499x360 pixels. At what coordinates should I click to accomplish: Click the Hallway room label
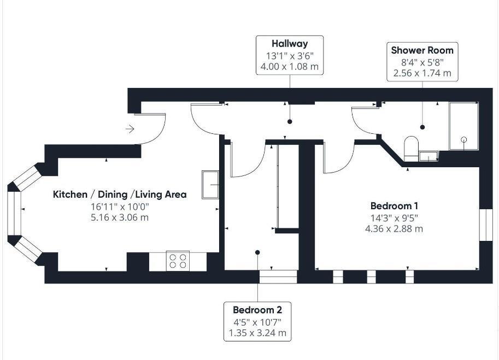pyautogui.click(x=290, y=44)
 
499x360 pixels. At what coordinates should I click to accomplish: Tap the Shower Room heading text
pyautogui.click(x=422, y=50)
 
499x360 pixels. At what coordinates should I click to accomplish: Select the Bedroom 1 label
pyautogui.click(x=394, y=206)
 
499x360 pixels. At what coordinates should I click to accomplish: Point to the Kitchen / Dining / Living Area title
pyautogui.click(x=120, y=194)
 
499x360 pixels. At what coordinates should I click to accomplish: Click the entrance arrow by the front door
pyautogui.click(x=130, y=129)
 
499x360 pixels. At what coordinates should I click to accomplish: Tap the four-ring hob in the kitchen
pyautogui.click(x=178, y=260)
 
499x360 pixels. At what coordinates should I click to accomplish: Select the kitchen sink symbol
pyautogui.click(x=210, y=185)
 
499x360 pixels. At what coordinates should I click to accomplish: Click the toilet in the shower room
pyautogui.click(x=410, y=147)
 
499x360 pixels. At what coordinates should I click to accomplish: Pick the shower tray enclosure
pyautogui.click(x=463, y=126)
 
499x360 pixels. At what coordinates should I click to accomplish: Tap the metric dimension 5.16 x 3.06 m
pyautogui.click(x=120, y=217)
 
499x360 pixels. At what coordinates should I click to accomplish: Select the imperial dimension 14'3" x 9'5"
pyautogui.click(x=394, y=218)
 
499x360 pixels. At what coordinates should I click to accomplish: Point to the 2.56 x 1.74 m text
pyautogui.click(x=422, y=73)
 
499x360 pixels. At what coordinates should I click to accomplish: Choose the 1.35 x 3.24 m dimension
pyautogui.click(x=257, y=333)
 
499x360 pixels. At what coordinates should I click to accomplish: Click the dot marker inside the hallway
pyautogui.click(x=290, y=121)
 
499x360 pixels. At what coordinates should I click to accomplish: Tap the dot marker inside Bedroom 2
pyautogui.click(x=257, y=252)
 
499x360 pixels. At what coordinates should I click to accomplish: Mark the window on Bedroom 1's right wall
pyautogui.click(x=483, y=224)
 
